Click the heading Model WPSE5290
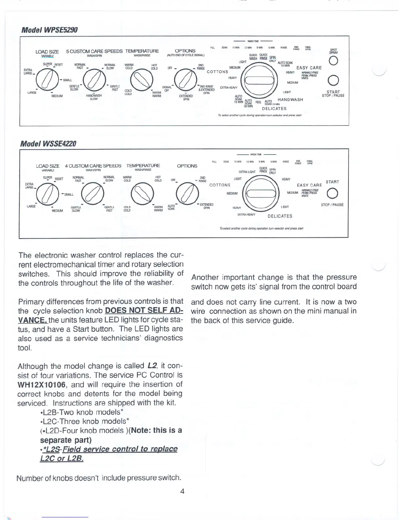pos(49,30)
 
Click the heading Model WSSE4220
pos(48,144)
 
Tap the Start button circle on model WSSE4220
pos(332,193)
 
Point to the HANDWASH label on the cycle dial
pos(290,100)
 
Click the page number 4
pos(182,491)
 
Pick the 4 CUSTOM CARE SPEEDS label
pos(93,166)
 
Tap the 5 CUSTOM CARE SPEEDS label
pos(94,51)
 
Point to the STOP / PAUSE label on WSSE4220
pos(332,205)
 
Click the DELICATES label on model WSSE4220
pos(280,216)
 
